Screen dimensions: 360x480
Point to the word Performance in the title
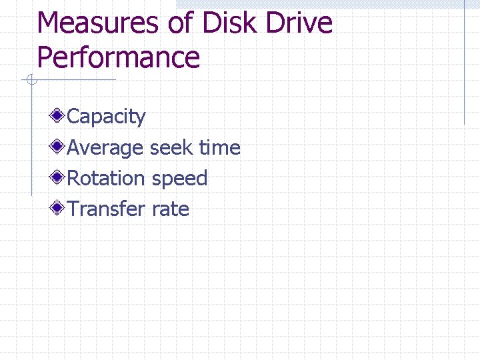click(118, 58)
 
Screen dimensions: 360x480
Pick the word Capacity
click(107, 117)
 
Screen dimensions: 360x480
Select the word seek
click(173, 148)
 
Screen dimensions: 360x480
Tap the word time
click(220, 148)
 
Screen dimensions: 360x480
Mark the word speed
click(180, 179)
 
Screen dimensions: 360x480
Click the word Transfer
click(106, 209)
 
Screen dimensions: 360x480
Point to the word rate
click(171, 210)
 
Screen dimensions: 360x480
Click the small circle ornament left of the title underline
click(31, 81)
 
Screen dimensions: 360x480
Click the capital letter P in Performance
click(45, 57)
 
